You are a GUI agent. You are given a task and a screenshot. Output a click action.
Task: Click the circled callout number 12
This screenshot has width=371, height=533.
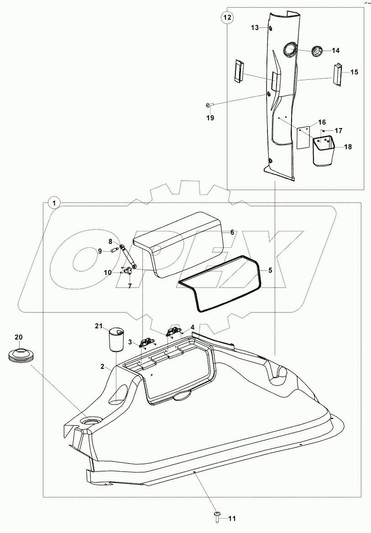coord(227,17)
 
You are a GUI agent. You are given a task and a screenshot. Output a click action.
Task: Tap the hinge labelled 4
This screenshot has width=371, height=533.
coord(173,331)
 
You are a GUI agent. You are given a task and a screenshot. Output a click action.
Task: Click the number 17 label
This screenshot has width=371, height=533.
coord(338,131)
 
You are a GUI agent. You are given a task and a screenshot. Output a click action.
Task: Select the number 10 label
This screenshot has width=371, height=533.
coord(108,272)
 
